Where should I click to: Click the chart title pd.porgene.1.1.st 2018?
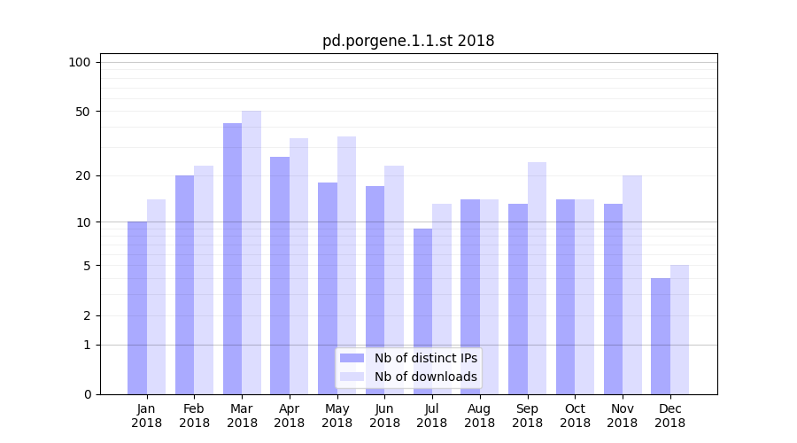pos(408,41)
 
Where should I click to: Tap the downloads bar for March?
pos(251,253)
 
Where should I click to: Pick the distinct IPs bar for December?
pos(661,337)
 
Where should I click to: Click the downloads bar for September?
pos(537,278)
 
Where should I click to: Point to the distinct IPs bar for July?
pos(422,311)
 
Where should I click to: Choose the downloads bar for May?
pos(346,265)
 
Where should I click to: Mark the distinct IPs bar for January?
pos(137,307)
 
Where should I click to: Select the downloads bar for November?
pos(632,284)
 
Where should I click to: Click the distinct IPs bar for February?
pos(184,284)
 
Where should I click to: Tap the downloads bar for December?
pos(679,330)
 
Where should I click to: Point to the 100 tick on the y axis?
pos(80,62)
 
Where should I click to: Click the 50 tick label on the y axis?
pos(83,112)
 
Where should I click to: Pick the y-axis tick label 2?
pos(87,315)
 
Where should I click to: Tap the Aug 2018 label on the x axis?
pos(480,416)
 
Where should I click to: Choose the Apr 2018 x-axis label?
pos(290,416)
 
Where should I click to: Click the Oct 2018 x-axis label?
pos(575,416)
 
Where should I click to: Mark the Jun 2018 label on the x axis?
pos(384,416)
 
